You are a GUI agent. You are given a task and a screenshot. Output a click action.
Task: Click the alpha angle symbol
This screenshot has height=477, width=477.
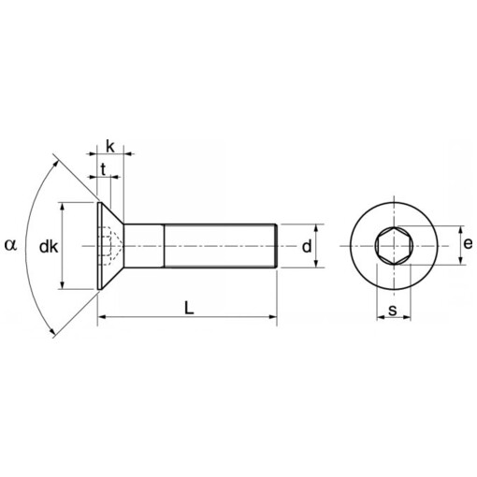(10, 245)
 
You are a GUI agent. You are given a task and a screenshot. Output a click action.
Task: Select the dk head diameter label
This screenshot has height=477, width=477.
(50, 247)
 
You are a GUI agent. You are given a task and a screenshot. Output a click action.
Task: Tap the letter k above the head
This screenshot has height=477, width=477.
(110, 146)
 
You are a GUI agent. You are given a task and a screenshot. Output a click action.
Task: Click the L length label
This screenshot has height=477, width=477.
(189, 307)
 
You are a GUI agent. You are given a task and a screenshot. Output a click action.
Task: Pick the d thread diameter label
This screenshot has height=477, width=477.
(306, 246)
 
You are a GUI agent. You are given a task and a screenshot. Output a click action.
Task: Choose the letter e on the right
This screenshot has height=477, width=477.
(468, 245)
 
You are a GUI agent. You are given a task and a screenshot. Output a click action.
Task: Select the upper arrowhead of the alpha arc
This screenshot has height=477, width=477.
(59, 164)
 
